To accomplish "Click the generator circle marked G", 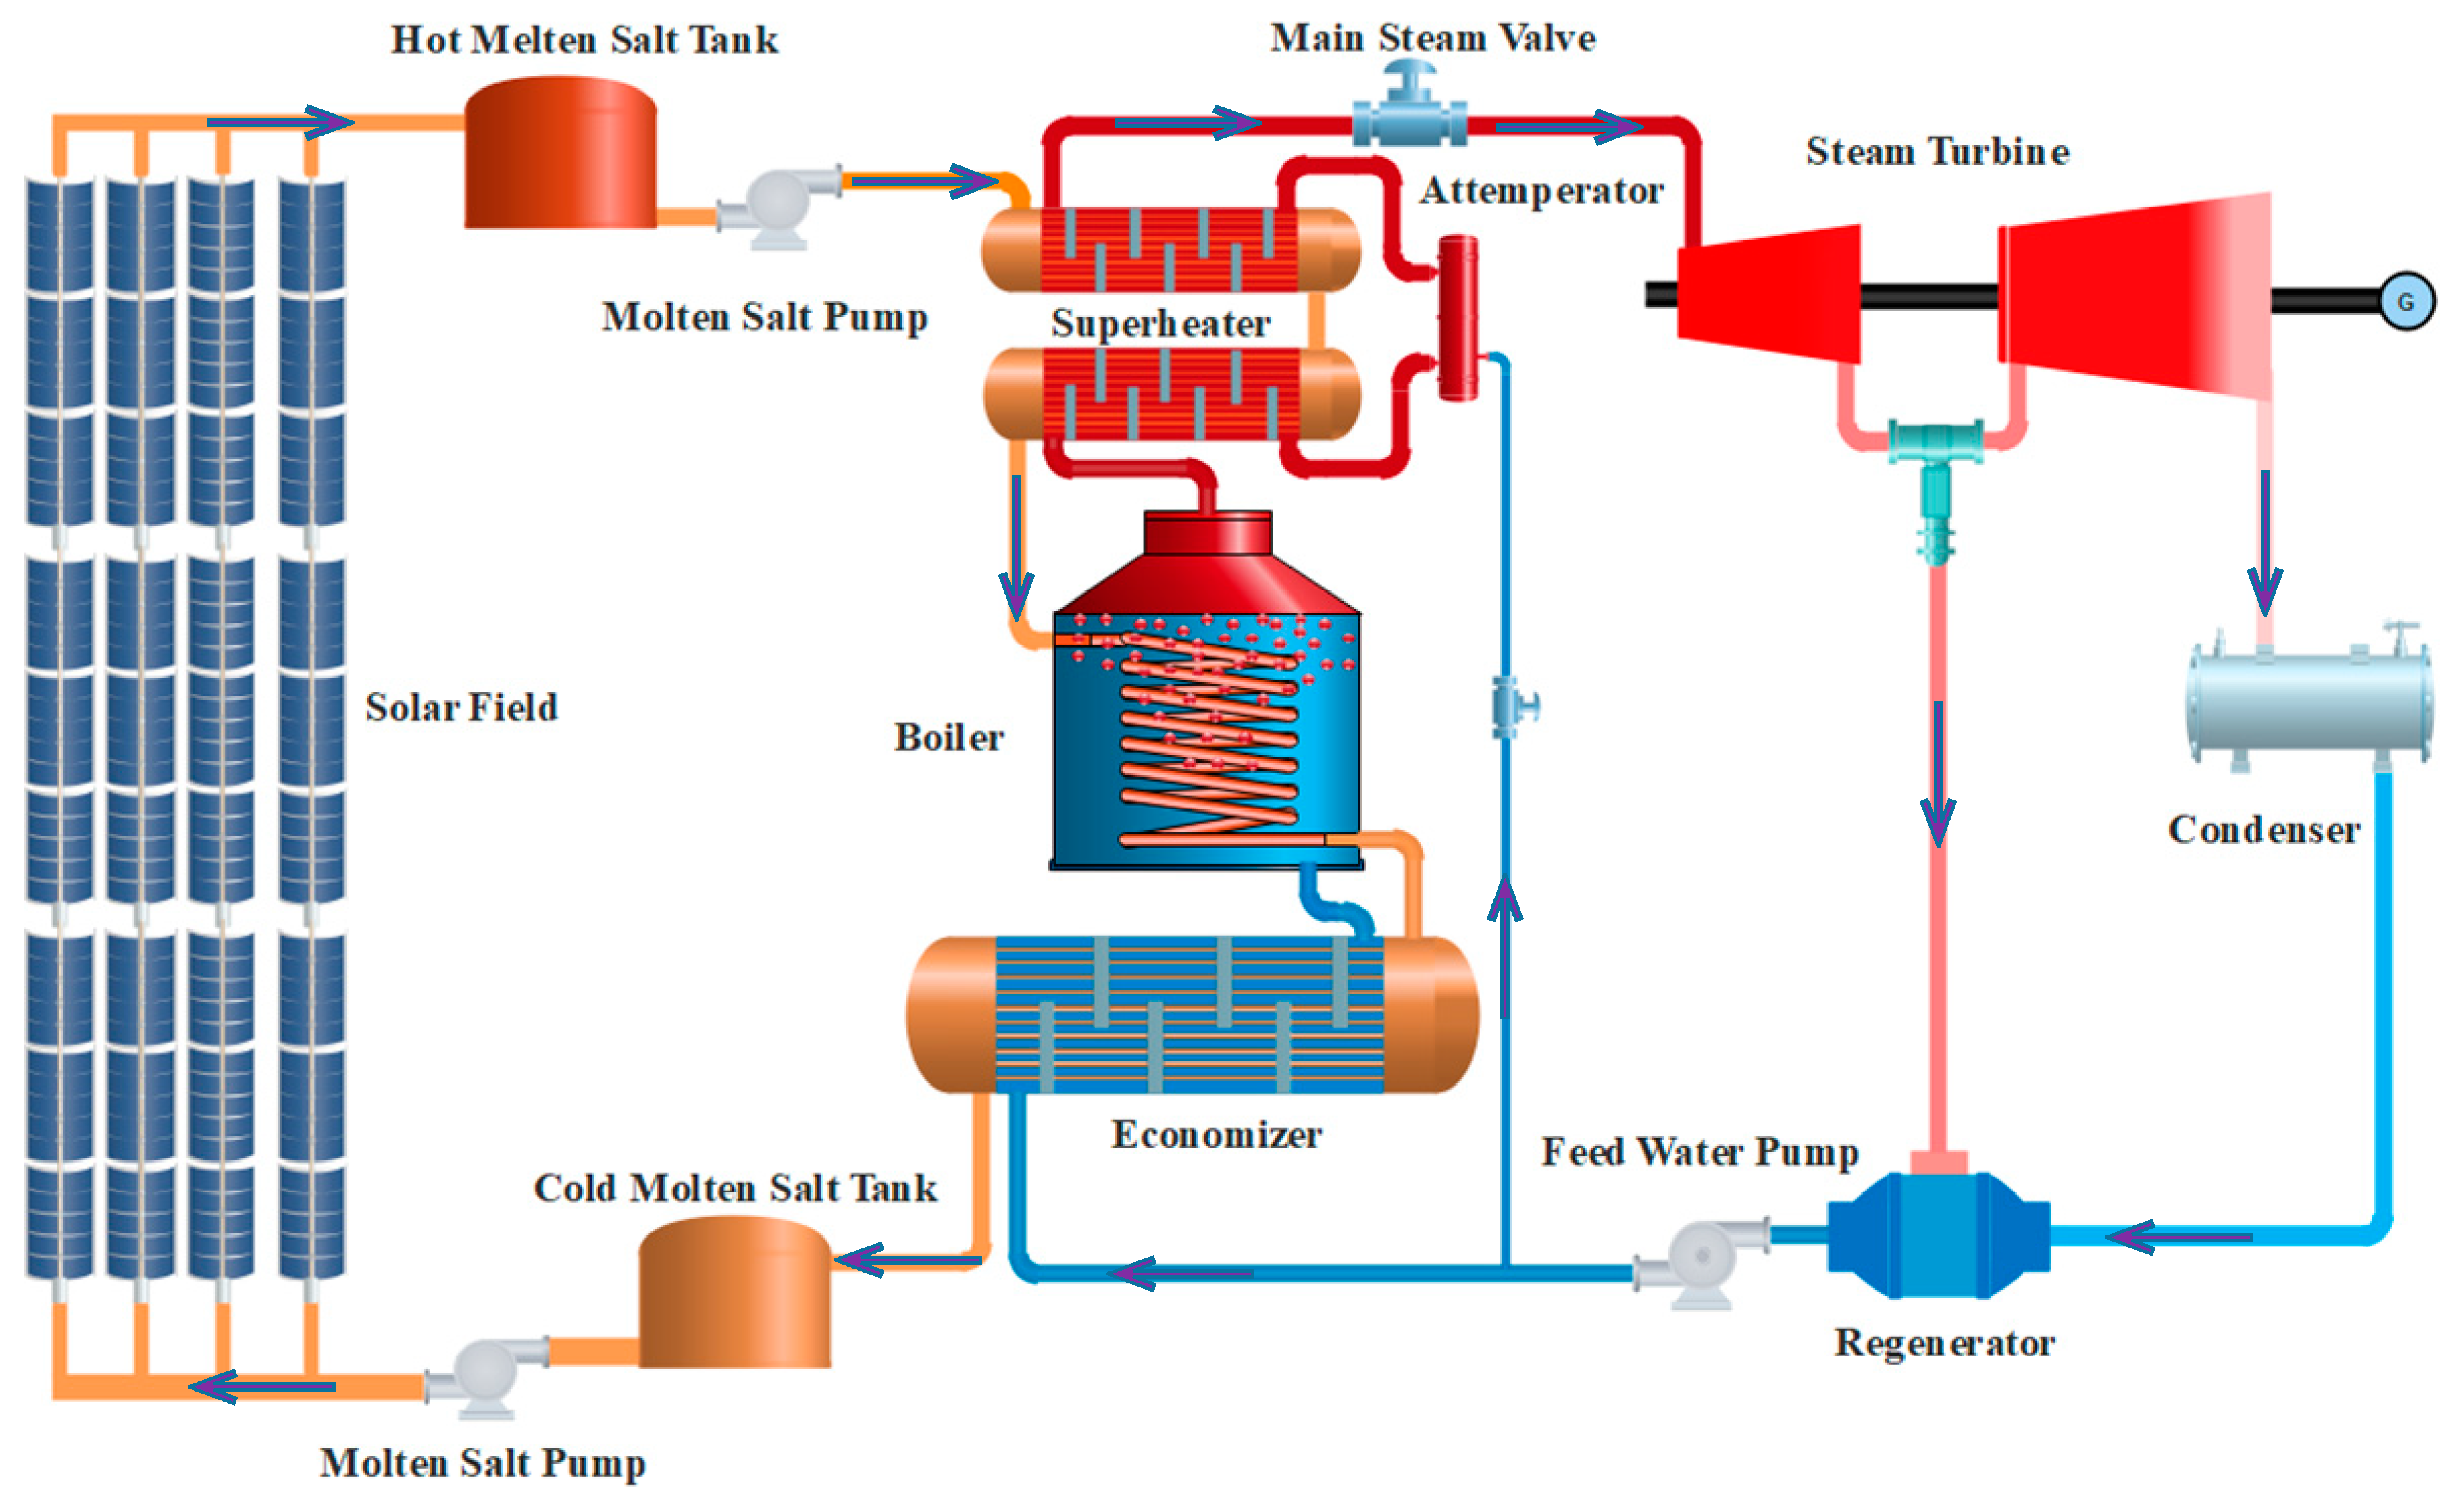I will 2406,301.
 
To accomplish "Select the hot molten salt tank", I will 560,155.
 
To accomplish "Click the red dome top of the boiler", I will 1207,567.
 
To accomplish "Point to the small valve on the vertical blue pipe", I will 1512,706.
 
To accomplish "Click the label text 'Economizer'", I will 1216,1134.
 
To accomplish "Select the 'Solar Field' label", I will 461,707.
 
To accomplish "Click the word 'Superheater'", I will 1160,323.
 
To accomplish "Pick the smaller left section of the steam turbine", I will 1770,293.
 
